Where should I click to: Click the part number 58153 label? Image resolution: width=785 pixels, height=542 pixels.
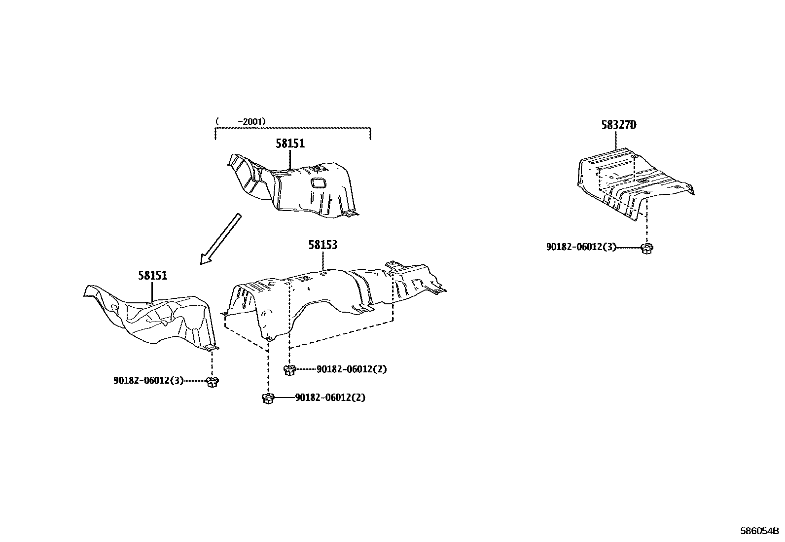pyautogui.click(x=323, y=245)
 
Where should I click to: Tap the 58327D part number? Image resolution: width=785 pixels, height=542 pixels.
pyautogui.click(x=618, y=125)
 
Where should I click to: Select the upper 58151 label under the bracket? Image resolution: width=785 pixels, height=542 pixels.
pyautogui.click(x=290, y=144)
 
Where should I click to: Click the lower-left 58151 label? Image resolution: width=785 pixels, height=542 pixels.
pyautogui.click(x=152, y=276)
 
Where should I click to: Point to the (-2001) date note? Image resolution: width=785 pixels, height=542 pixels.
pyautogui.click(x=241, y=121)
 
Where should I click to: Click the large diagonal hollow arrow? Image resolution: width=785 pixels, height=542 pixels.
pyautogui.click(x=220, y=239)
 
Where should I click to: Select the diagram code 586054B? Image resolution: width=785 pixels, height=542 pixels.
pyautogui.click(x=759, y=531)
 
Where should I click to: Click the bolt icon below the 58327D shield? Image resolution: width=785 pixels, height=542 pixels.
pyautogui.click(x=646, y=248)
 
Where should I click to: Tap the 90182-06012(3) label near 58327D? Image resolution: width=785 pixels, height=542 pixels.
pyautogui.click(x=581, y=247)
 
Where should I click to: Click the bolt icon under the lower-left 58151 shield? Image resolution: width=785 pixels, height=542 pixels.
pyautogui.click(x=213, y=381)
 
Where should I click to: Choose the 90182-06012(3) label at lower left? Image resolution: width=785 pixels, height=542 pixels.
pyautogui.click(x=148, y=381)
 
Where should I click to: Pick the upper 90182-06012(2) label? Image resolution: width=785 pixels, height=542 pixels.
pyautogui.click(x=352, y=369)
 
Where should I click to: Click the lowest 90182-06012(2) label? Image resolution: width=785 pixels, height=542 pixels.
pyautogui.click(x=330, y=397)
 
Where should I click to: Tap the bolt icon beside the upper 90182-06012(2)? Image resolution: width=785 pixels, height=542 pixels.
pyautogui.click(x=289, y=369)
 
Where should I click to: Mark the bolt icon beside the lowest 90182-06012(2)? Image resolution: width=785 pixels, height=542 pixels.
pyautogui.click(x=268, y=398)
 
